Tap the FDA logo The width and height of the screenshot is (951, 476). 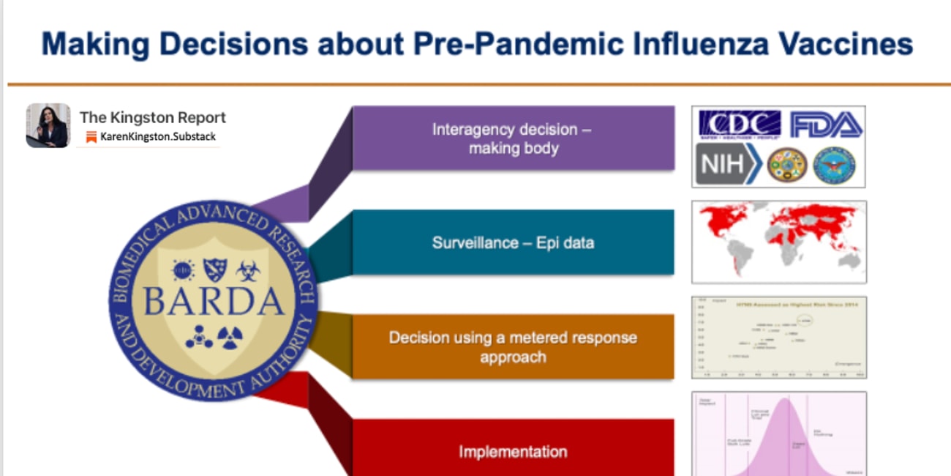coord(825,124)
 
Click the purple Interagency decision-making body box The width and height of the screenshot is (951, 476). coord(512,138)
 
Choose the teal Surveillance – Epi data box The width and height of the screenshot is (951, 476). coord(512,242)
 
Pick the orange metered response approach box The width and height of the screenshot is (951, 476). coord(512,347)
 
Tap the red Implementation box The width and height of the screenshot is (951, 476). coord(512,450)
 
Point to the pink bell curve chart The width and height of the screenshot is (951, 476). coord(779,434)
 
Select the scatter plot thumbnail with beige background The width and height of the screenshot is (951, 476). coord(779,338)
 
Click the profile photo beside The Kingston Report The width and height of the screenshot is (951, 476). coord(48,125)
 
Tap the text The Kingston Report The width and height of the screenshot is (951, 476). coord(152,117)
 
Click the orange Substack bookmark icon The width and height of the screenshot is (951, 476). coord(91,137)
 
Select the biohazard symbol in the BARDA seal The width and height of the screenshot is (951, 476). coord(248,270)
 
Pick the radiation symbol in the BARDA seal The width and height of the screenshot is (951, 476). coord(230,336)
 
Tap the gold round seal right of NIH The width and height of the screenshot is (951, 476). coord(786,165)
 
